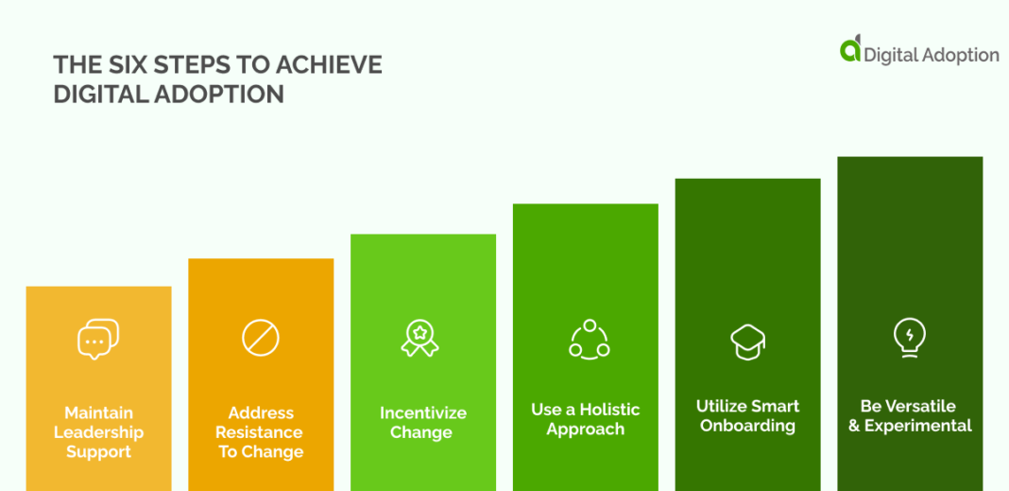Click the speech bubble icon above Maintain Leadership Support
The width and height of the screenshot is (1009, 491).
[x=98, y=340]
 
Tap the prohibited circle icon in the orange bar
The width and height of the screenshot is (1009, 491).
[x=260, y=338]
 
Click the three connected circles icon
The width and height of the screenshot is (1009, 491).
[x=589, y=339]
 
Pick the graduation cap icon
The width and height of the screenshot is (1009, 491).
[x=747, y=342]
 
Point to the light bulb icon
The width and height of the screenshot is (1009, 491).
[x=909, y=337]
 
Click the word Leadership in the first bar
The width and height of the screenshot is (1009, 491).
[x=98, y=432]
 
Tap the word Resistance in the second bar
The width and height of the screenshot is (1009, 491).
[x=260, y=432]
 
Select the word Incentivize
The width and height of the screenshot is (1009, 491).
[x=422, y=413]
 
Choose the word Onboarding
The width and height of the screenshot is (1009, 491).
[x=747, y=426]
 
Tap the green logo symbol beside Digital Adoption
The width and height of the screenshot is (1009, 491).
[x=851, y=49]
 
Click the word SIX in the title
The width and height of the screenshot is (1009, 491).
[x=125, y=64]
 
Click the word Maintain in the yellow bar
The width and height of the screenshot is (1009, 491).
[x=98, y=412]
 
